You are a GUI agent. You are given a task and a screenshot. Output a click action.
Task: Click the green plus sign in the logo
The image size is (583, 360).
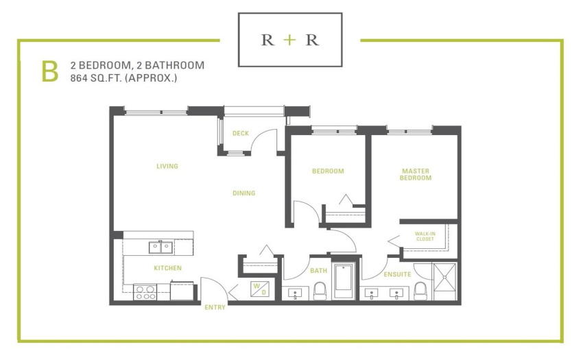289,40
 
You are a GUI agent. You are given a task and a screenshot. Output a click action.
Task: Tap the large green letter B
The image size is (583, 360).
50,72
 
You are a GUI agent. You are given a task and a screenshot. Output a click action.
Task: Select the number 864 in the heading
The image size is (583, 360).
79,78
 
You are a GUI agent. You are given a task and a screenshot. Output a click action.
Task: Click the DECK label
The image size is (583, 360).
241,133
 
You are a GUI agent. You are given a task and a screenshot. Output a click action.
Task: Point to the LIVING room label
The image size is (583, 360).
167,166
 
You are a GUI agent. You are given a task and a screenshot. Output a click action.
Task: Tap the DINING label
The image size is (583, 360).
244,193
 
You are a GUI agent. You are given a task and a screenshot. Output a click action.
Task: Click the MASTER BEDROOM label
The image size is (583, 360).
416,174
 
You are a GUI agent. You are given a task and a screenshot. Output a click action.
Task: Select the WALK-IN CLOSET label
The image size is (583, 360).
425,236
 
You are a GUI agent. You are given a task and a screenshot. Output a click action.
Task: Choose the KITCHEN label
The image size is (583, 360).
167,267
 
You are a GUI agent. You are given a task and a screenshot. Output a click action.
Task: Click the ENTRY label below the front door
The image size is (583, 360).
215,307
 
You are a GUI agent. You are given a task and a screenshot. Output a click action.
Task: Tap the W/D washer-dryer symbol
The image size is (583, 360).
260,289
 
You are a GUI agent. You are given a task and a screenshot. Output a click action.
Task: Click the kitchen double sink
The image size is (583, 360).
160,248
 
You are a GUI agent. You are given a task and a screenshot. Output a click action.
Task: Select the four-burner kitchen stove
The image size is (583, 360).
145,292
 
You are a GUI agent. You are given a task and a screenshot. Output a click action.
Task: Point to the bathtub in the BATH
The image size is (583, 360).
344,280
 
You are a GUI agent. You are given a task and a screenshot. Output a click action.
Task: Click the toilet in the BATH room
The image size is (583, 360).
320,291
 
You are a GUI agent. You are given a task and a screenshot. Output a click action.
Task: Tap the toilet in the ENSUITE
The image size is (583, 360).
420,291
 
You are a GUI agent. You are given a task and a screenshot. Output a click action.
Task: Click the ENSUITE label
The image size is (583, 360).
397,274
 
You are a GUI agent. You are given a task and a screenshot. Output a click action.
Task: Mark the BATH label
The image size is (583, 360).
319,271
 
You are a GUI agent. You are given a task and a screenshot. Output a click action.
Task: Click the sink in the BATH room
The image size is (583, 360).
295,293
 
